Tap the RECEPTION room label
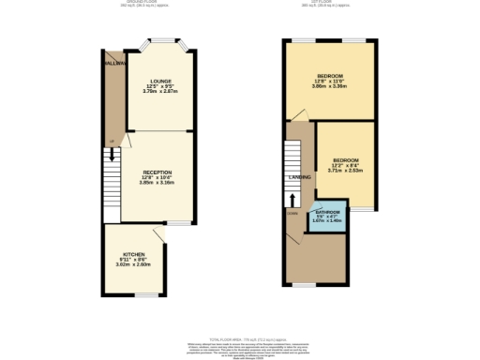click(157, 172)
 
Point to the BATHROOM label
click(327, 213)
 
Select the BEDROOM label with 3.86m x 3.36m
click(330, 75)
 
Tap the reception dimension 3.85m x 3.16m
click(157, 183)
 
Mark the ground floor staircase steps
click(112, 178)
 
